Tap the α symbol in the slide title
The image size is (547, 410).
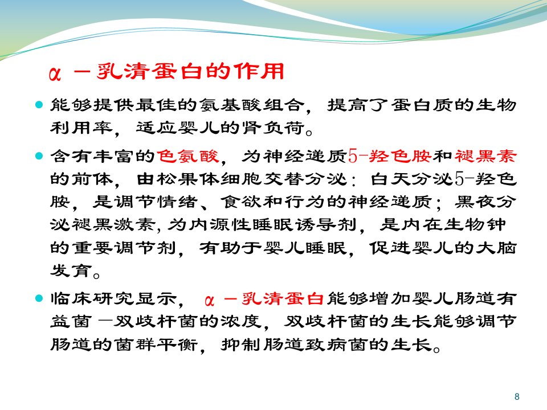[x=55, y=73]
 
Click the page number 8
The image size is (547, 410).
[x=517, y=396]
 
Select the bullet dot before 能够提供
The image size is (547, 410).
[x=39, y=104]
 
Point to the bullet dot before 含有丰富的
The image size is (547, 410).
[x=39, y=155]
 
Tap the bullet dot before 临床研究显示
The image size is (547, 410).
[x=39, y=298]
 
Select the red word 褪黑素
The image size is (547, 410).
[x=485, y=156]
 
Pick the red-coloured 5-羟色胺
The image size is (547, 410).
[x=390, y=156]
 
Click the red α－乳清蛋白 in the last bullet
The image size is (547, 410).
[x=264, y=299]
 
